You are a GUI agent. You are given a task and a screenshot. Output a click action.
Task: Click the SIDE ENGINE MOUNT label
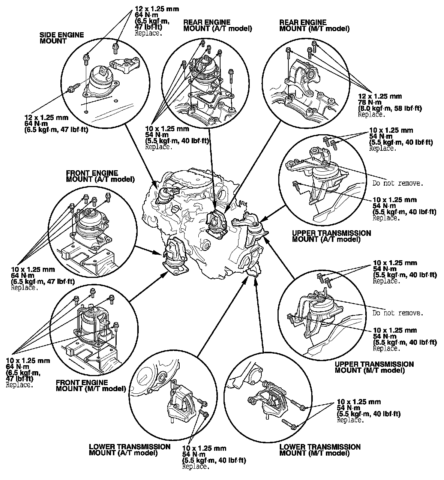coord(61,38)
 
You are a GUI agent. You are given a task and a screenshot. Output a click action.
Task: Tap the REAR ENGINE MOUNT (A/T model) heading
coord(217,25)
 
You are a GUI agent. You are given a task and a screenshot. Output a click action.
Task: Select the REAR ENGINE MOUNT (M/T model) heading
coord(314,25)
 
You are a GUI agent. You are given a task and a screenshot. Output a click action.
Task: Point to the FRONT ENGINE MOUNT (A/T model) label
coord(100,176)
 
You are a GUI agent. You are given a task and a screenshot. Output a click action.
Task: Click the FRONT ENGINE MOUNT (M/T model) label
coord(90,385)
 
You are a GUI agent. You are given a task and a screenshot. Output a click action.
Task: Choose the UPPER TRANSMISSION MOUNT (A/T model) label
coord(331,236)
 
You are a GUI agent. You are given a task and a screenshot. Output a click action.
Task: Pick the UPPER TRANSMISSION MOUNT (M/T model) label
coord(374,367)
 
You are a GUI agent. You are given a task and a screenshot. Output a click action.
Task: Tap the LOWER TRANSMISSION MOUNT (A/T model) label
coord(129,450)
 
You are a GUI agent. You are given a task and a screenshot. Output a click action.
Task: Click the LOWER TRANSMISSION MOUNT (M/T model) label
coord(320,450)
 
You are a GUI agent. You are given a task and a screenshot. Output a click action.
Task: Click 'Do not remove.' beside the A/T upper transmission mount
coord(397,183)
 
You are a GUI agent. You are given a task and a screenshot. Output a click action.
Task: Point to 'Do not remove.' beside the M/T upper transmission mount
coord(397,313)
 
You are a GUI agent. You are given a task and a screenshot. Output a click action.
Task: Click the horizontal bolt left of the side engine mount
coord(72,88)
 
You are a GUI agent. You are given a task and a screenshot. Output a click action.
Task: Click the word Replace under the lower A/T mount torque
coord(195,466)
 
